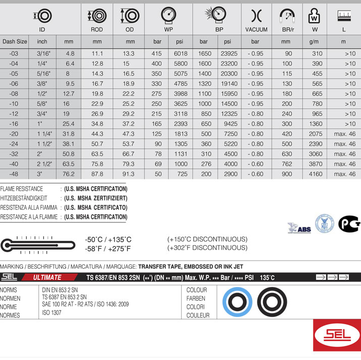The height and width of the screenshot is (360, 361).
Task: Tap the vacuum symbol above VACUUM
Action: coord(256,16)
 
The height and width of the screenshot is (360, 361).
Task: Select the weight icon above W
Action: coord(315,16)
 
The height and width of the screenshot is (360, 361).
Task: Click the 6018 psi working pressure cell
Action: coord(180,53)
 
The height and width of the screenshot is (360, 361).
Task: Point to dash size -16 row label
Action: coord(14,124)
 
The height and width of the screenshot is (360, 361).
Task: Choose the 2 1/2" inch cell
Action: coord(42,164)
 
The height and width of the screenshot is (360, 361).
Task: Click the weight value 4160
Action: coord(315,174)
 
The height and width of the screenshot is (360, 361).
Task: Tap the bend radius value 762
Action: coord(287,164)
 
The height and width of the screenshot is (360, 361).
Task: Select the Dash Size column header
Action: coord(15,41)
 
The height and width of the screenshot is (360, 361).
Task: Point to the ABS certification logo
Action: coord(299,227)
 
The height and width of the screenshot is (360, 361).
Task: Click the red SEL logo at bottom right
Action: coord(337,337)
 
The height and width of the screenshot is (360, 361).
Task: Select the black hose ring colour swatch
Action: coord(272,302)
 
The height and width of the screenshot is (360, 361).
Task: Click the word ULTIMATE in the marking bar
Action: coord(47,277)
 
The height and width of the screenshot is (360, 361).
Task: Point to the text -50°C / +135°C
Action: coord(108,239)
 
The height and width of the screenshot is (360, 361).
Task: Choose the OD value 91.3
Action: coord(130,174)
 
